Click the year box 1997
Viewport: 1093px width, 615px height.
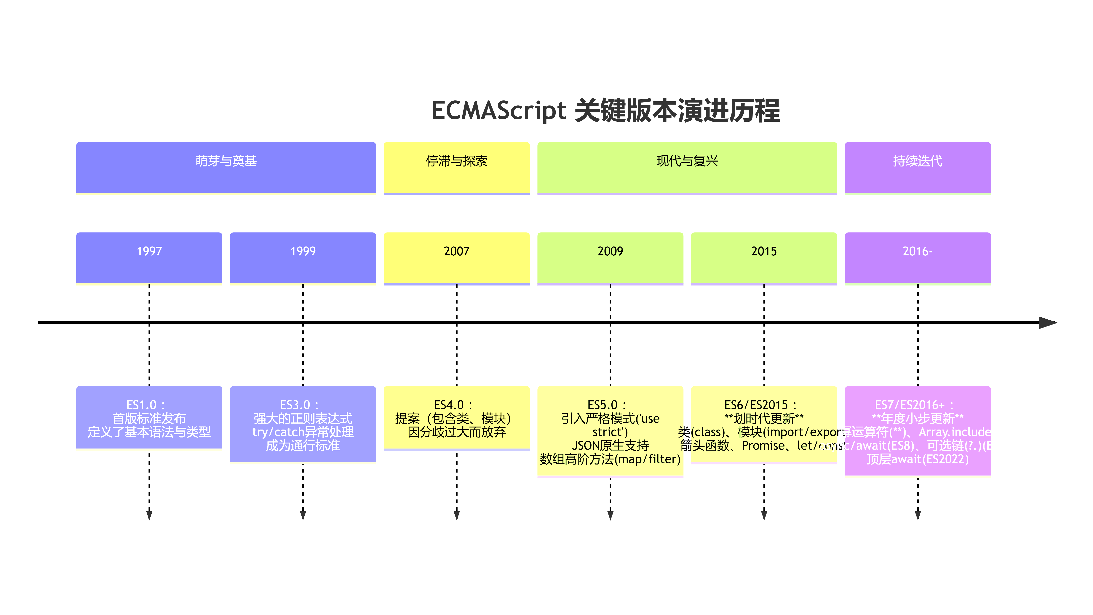(149, 258)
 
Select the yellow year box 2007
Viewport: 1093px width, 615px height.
(457, 258)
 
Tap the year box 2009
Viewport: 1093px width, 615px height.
(610, 258)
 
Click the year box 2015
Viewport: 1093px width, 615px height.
(764, 258)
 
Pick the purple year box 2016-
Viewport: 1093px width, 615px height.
(917, 258)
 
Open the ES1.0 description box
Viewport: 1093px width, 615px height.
(149, 418)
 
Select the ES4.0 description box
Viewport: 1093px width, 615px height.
(457, 418)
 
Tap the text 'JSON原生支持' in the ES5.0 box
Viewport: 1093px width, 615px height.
(610, 445)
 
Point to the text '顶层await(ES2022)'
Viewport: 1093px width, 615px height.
(917, 459)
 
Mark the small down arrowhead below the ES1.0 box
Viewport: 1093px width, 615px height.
(149, 515)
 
